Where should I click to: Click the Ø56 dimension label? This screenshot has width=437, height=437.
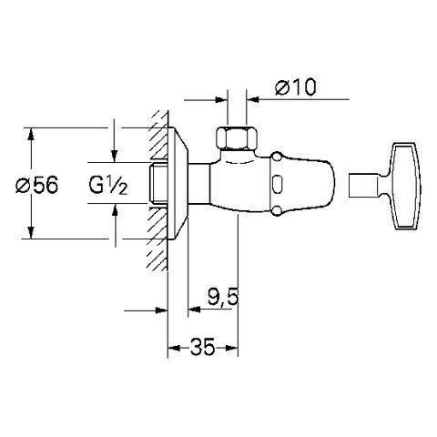tap(36, 185)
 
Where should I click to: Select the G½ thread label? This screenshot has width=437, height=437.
tap(108, 185)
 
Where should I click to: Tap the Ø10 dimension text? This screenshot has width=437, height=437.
tap(295, 86)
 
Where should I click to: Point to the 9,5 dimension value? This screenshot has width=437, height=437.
tap(223, 297)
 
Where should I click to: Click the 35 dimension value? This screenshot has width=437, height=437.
tap(202, 347)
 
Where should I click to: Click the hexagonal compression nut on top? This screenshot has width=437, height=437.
tap(237, 138)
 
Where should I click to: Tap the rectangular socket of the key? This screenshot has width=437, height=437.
tap(363, 185)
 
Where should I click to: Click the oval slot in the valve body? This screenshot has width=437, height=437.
tap(279, 185)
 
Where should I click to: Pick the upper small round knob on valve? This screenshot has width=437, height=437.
tap(278, 157)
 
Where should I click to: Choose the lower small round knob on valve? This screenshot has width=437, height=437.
tap(278, 211)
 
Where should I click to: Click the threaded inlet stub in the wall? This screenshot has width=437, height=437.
tap(158, 184)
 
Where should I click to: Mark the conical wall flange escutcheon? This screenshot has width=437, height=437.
tap(178, 183)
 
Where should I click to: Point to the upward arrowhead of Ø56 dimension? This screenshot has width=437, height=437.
tap(30, 134)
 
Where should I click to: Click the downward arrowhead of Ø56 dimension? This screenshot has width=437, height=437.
tap(30, 233)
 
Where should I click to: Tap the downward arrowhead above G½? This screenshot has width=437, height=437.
tap(114, 156)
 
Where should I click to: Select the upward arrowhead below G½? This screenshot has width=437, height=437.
tap(115, 209)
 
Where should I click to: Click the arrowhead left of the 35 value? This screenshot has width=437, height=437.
tap(174, 348)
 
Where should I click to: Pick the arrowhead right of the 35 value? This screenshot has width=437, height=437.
tap(231, 348)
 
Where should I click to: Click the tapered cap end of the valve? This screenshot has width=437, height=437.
tap(303, 184)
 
